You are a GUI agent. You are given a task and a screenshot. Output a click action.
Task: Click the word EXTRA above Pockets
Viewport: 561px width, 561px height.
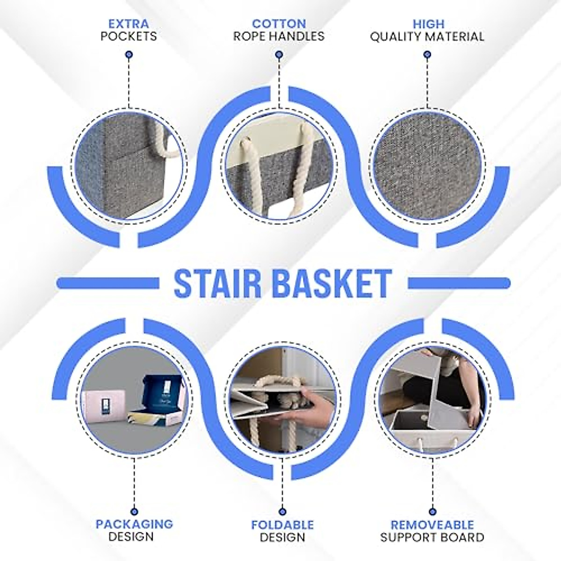(x=129, y=23)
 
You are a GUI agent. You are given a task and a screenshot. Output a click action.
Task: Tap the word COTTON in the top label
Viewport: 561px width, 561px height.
(x=279, y=23)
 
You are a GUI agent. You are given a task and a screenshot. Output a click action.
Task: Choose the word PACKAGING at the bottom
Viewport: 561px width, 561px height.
(x=134, y=524)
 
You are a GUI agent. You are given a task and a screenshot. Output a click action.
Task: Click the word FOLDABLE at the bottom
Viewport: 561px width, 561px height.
(x=282, y=525)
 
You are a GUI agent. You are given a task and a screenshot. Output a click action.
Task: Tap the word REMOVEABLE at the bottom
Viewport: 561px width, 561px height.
(x=432, y=525)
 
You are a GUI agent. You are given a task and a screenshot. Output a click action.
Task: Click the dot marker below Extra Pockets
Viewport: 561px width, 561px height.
(x=129, y=55)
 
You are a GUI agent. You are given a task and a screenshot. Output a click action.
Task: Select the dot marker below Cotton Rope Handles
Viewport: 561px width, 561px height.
(x=279, y=55)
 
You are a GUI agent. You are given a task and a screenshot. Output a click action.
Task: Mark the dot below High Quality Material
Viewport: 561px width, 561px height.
(x=427, y=55)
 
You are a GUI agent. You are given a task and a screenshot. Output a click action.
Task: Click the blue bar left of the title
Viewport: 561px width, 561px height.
(x=105, y=282)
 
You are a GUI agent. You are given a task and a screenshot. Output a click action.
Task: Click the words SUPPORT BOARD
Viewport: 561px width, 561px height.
(x=432, y=538)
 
